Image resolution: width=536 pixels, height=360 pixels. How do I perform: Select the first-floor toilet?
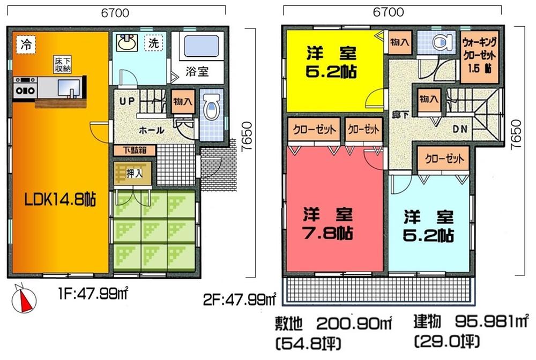[212, 110]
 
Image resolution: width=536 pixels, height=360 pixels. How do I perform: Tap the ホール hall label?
[152, 130]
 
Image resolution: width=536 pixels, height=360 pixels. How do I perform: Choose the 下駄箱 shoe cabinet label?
[134, 151]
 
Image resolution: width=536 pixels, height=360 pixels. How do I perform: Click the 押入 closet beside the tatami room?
[132, 173]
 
